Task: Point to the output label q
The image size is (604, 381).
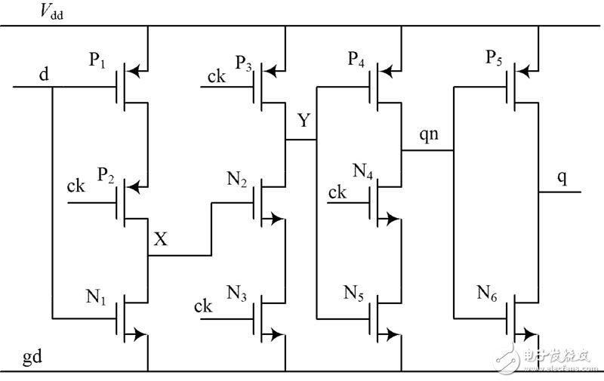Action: click(562, 178)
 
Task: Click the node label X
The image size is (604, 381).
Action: click(161, 239)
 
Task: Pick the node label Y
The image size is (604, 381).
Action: click(304, 121)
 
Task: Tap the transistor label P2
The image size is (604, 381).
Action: click(105, 176)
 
